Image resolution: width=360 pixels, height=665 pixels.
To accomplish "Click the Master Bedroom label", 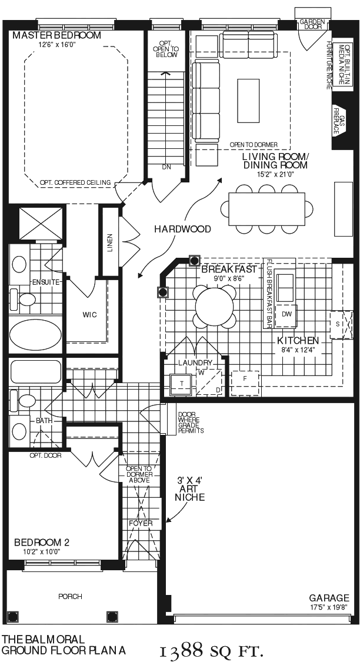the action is tap(57, 35).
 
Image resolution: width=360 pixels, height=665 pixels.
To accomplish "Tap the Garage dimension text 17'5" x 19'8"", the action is tap(329, 607).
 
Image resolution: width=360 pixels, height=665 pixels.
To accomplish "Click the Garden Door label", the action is tap(312, 24).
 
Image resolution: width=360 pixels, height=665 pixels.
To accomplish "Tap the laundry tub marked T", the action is tap(182, 383).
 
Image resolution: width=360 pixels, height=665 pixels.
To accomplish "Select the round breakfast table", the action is tap(215, 305).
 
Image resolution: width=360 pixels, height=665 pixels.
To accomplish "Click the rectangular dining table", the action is tap(266, 210).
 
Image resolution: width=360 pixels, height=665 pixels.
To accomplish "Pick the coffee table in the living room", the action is tap(248, 99).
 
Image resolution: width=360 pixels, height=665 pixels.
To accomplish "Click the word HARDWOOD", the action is tap(182, 230).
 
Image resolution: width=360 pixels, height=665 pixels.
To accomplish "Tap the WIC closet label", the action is tap(90, 315).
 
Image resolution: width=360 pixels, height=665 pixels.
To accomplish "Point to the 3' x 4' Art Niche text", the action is tap(190, 489).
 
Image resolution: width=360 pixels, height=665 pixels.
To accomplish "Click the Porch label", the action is tap(70, 597).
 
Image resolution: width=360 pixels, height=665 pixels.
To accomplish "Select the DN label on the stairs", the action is tap(166, 167).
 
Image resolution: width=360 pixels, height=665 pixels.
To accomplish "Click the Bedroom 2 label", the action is tap(42, 543).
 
